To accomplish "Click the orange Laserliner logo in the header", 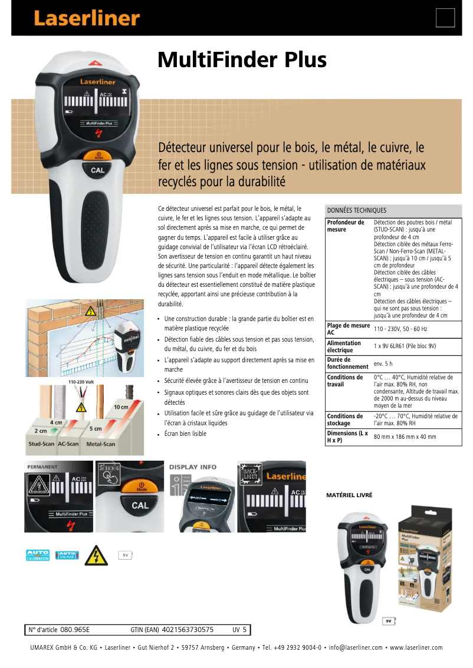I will coord(86,18).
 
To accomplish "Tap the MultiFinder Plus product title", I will coord(242,59).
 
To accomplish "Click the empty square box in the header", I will coord(445,18).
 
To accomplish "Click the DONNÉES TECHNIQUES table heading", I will coord(357,210).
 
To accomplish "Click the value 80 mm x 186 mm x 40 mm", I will coord(405,436).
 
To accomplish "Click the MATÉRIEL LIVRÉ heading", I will coord(349,495).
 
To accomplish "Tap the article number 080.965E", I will coord(74,630).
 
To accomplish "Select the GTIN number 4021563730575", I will coord(188,630).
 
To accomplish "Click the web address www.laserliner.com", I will coord(416,648).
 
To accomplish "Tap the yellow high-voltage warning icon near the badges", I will coord(96,555).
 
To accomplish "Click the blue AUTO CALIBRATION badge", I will coord(38,555).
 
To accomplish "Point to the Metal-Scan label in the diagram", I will coord(101,444).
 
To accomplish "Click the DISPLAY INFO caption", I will coord(193,467).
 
